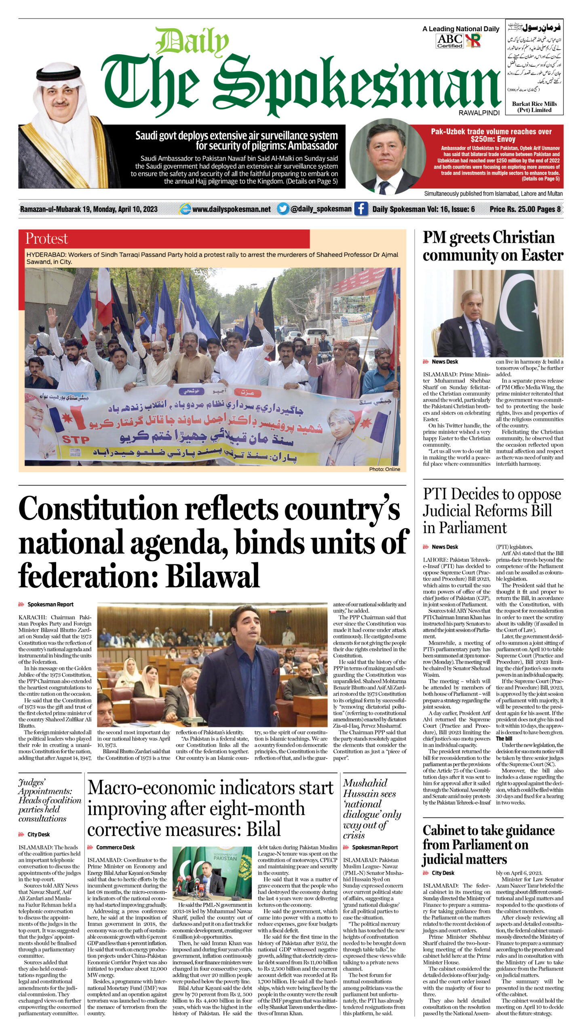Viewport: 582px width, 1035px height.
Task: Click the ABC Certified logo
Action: [449, 41]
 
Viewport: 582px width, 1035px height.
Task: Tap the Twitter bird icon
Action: [283, 209]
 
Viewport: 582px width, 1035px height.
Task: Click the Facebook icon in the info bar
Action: [361, 209]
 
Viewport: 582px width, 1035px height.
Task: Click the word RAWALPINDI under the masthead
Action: [479, 113]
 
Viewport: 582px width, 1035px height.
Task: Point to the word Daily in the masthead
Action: [192, 42]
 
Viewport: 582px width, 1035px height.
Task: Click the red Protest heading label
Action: [46, 239]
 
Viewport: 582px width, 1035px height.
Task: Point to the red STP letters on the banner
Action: [76, 439]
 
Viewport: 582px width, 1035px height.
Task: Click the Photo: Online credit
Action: [384, 469]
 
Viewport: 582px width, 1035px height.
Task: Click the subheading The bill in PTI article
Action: [504, 738]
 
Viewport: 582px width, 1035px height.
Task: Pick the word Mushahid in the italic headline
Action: [365, 783]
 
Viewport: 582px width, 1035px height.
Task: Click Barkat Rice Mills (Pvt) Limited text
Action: [534, 107]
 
